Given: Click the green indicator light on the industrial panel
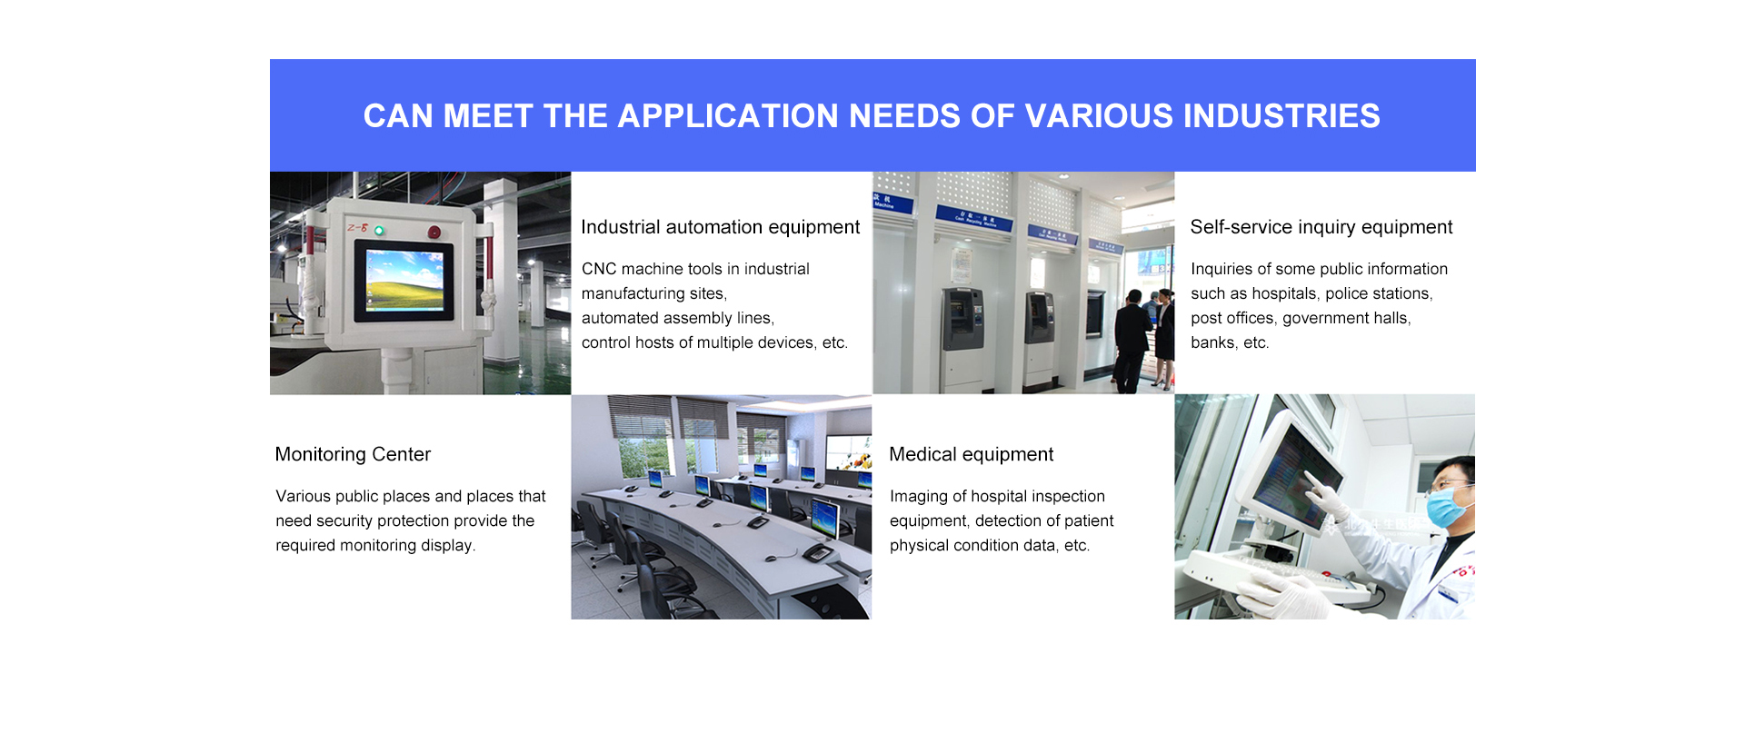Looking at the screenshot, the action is [379, 231].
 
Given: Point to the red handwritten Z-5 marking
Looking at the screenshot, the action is [357, 227].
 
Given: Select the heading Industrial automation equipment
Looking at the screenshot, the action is [720, 227].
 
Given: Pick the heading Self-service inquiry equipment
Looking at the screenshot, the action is [1321, 227].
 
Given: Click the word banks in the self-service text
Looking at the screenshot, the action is [1212, 342].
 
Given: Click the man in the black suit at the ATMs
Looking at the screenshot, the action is [1131, 341].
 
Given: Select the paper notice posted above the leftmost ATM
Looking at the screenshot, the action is [961, 263].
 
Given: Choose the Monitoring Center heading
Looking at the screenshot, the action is [353, 454].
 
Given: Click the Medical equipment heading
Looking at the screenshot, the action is [971, 454].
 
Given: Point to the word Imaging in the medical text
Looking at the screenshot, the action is [919, 497].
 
